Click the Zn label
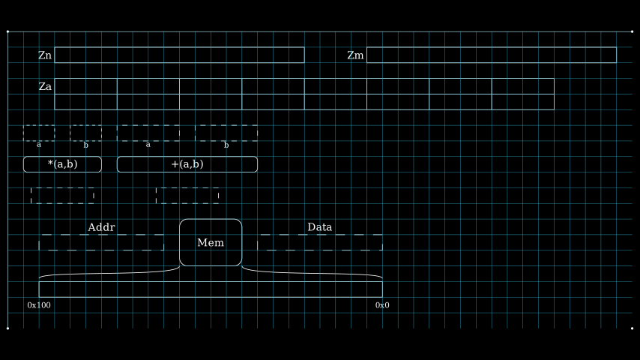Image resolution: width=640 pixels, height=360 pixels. [45, 55]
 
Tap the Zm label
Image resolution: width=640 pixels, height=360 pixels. [355, 55]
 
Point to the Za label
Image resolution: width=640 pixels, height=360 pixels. [45, 87]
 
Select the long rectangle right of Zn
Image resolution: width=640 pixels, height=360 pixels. [179, 55]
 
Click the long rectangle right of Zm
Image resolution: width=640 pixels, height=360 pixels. [491, 55]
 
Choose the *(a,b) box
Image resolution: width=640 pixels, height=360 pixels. [62, 164]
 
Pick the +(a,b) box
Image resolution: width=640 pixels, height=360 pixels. [187, 164]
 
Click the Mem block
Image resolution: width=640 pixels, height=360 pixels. [211, 242]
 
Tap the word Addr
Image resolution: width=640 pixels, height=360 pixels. [101, 227]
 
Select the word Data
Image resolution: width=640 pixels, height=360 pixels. [319, 227]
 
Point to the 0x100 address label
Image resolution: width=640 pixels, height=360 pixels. [39, 305]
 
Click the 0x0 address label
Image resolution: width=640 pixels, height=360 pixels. [382, 305]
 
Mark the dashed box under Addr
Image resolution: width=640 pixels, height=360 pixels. [101, 242]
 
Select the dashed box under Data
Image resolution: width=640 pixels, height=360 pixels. [319, 242]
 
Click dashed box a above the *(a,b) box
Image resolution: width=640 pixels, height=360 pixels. [39, 133]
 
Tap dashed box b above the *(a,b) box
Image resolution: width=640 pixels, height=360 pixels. [85, 133]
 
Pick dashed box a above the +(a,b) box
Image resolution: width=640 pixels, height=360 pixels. [148, 133]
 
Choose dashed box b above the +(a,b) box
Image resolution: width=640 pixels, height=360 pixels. [226, 133]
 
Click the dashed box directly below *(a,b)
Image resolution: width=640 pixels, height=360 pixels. [62, 196]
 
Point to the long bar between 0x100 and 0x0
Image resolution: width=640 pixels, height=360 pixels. [211, 289]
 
